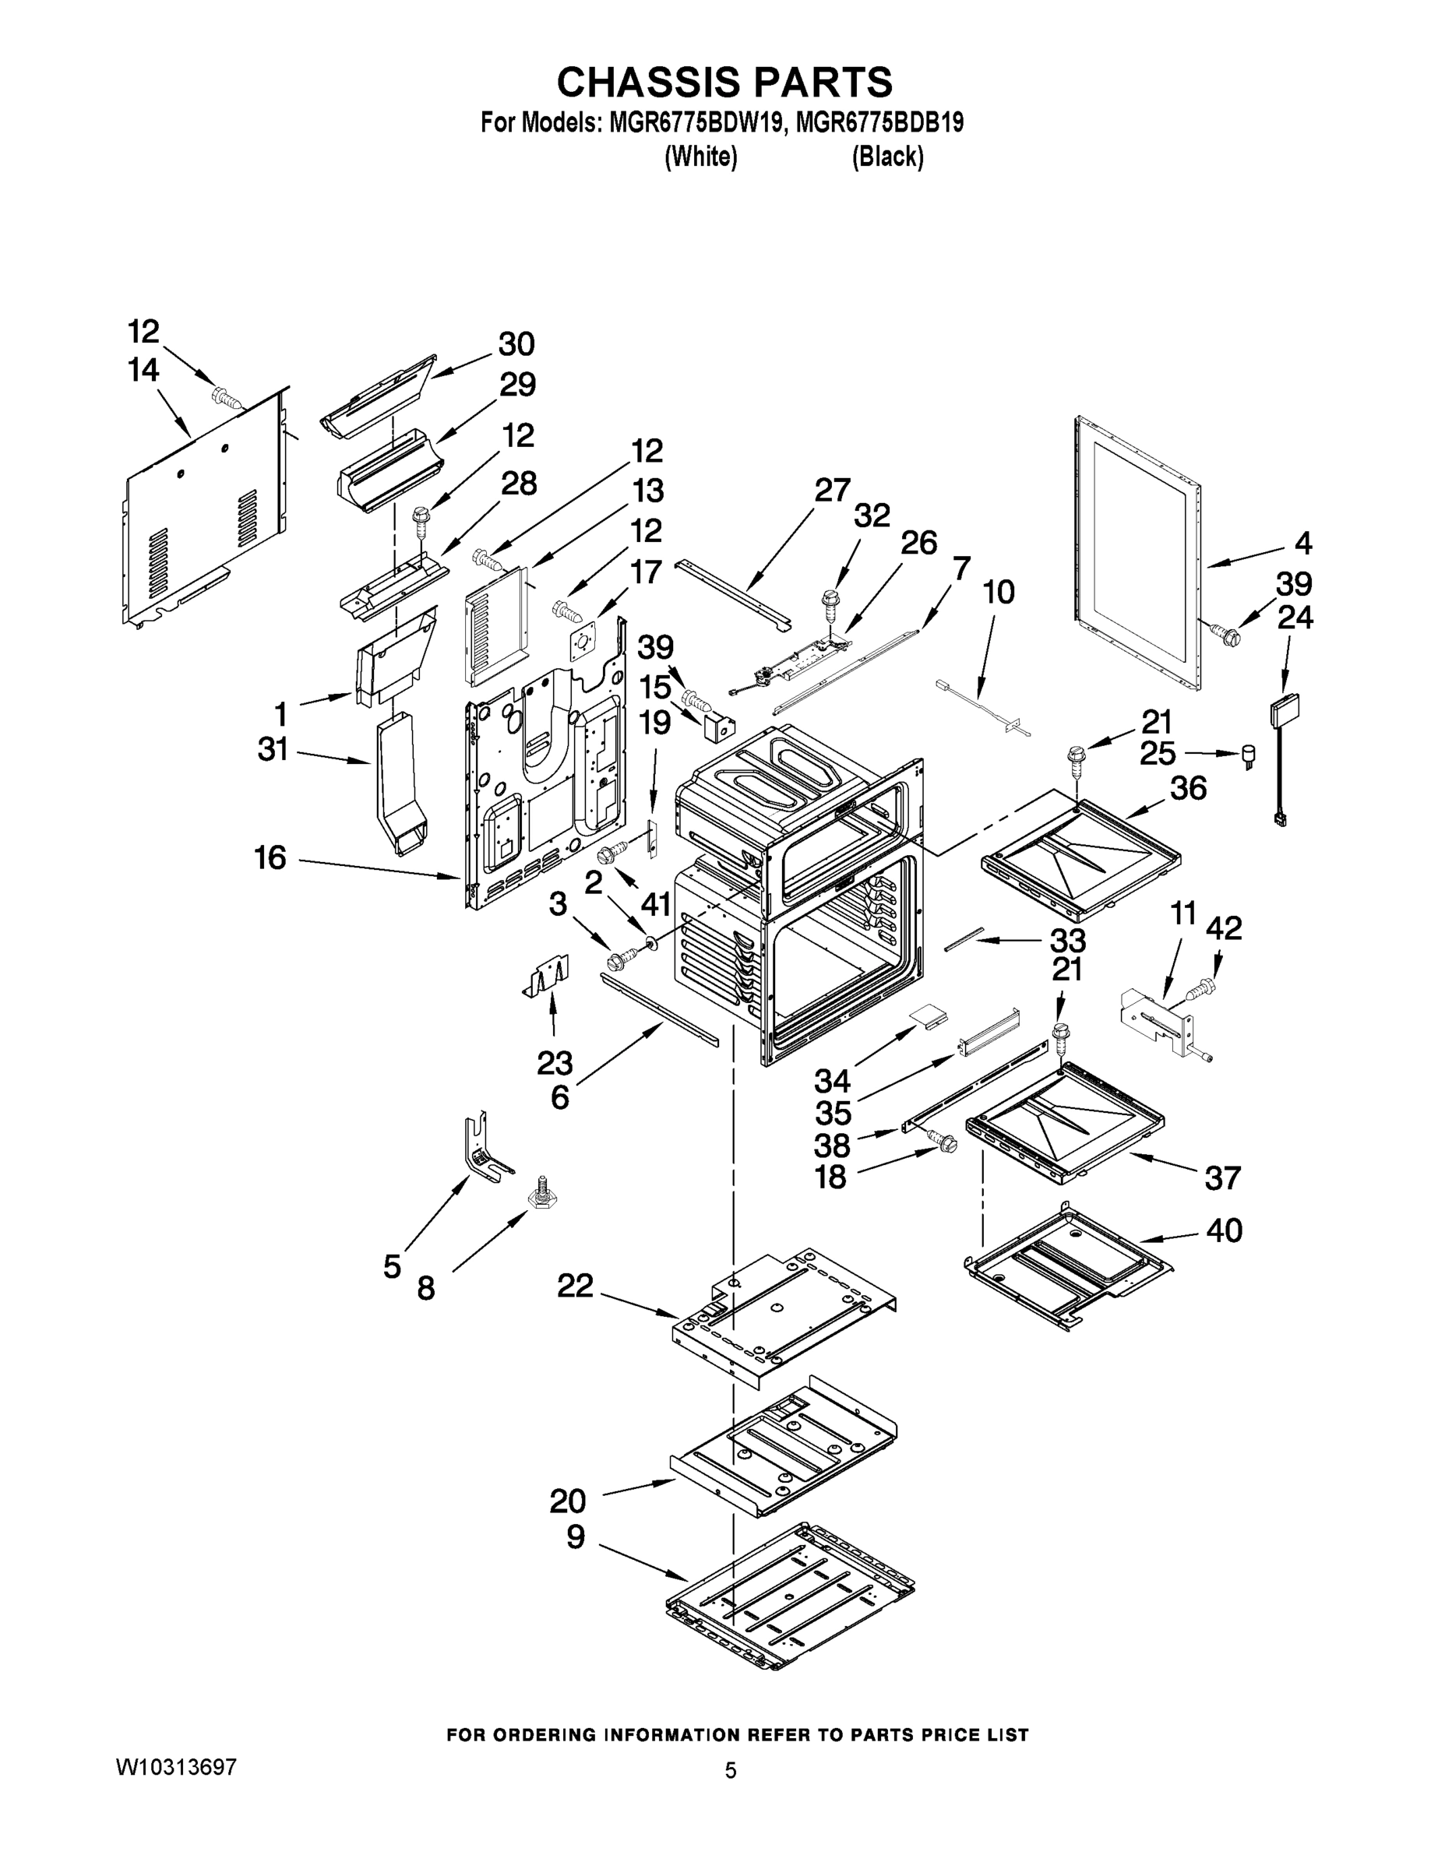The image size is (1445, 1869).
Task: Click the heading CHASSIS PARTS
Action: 724,83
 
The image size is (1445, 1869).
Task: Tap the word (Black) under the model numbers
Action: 886,157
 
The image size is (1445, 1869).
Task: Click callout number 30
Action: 516,344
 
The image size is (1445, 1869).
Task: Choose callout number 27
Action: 831,491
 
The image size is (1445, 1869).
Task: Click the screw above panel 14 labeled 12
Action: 227,397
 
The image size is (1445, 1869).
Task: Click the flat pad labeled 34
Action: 928,1015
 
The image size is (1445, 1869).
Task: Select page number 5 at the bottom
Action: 730,1771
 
